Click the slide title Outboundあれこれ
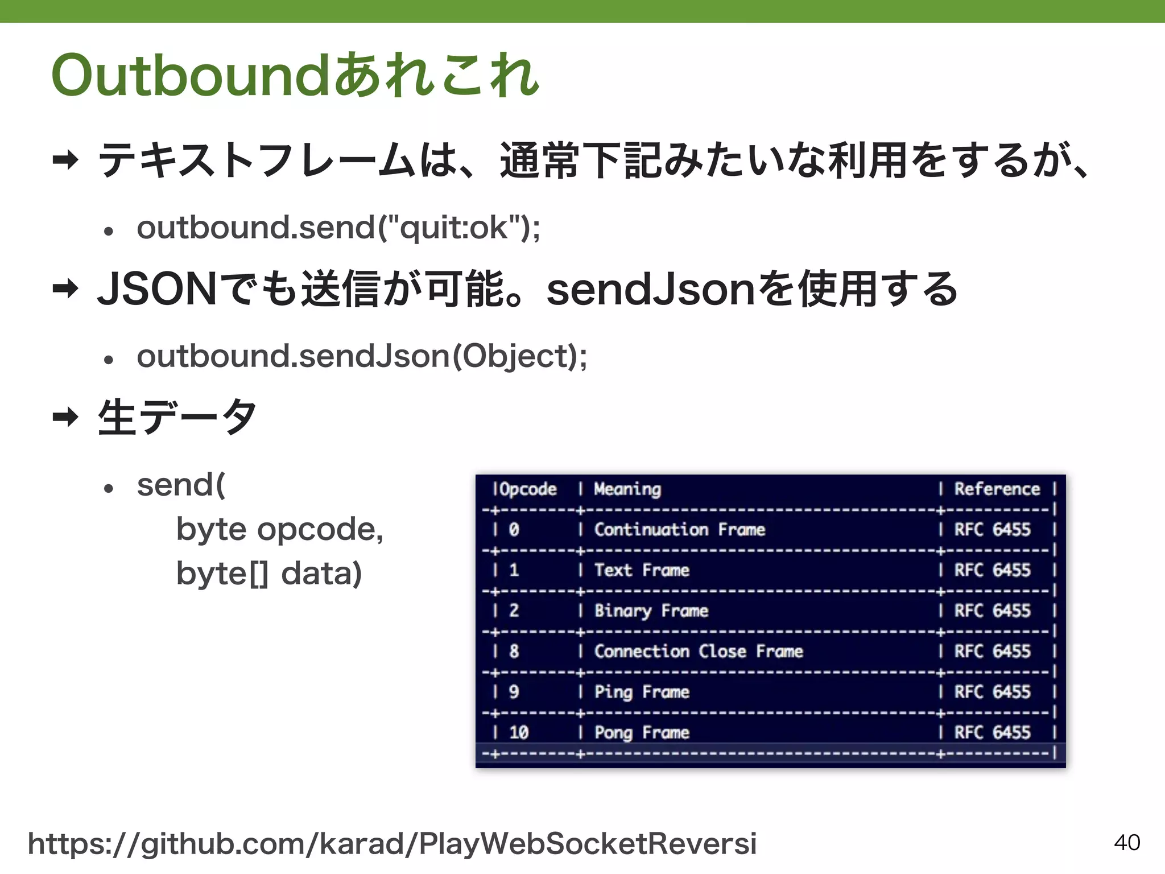[295, 75]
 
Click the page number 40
[1127, 842]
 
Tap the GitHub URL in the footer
[392, 844]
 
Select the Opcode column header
[527, 489]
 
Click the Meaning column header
[627, 489]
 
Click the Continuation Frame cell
[679, 530]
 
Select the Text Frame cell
[642, 570]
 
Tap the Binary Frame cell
[651, 611]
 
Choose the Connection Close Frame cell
[699, 652]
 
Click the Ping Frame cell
[642, 692]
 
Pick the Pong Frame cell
[642, 732]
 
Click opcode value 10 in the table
[519, 732]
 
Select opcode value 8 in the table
[514, 652]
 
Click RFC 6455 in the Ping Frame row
[992, 692]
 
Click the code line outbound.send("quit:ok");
[338, 228]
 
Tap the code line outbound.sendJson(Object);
[362, 357]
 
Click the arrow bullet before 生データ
[65, 417]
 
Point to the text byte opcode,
[280, 530]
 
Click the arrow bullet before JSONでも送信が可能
[65, 288]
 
